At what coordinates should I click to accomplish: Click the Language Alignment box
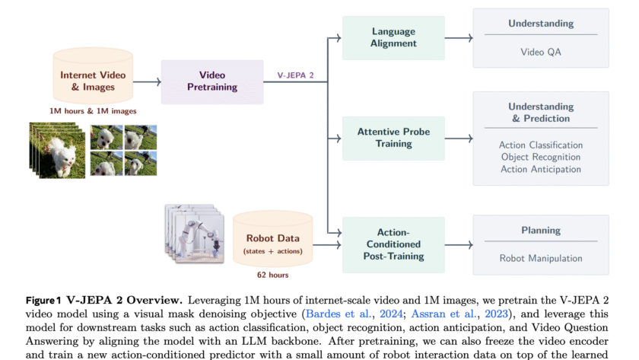(393, 37)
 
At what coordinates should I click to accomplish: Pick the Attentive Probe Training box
(393, 138)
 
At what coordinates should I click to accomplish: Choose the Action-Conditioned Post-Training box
(393, 244)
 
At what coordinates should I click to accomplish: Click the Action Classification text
(541, 145)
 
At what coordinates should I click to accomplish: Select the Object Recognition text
(541, 157)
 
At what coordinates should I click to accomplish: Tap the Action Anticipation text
(541, 169)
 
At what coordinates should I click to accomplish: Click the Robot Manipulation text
(541, 258)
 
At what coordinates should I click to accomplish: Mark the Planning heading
(541, 231)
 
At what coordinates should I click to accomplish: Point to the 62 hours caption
(273, 275)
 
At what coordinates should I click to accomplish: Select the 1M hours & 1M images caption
(93, 111)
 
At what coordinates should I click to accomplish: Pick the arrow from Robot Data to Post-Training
(326, 244)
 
